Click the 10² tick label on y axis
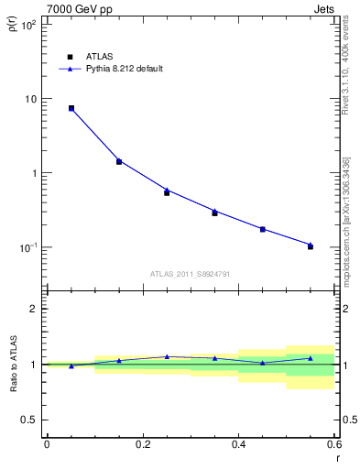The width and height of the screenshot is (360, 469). [x=27, y=25]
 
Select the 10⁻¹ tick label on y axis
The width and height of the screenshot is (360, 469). [x=27, y=247]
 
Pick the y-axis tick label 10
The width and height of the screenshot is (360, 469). [x=30, y=99]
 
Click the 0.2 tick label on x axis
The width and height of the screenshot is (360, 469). [x=142, y=444]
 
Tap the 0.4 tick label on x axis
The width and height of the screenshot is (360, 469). [x=238, y=444]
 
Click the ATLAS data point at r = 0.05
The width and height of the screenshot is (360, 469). [x=71, y=108]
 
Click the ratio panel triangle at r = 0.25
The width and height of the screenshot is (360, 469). [x=167, y=356]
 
